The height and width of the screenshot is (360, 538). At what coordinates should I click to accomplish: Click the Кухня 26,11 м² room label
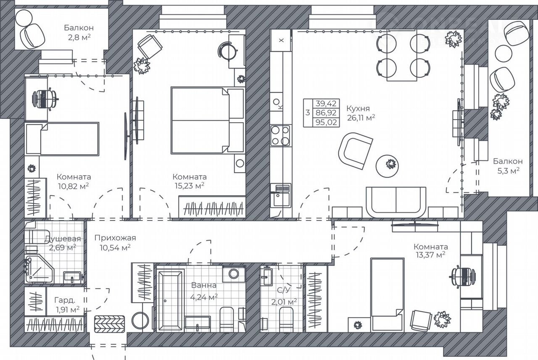pyautogui.click(x=361, y=113)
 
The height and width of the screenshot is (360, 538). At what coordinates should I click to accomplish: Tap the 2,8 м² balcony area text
pyautogui.click(x=79, y=37)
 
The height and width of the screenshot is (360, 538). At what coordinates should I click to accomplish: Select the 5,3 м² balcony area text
pyautogui.click(x=509, y=171)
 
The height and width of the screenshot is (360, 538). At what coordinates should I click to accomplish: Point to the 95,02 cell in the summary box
pyautogui.click(x=326, y=122)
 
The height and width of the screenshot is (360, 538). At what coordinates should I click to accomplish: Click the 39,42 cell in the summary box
pyautogui.click(x=326, y=103)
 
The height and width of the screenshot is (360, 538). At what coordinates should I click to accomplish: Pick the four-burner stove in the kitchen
pyautogui.click(x=280, y=136)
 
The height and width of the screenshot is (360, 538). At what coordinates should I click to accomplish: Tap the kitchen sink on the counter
pyautogui.click(x=280, y=195)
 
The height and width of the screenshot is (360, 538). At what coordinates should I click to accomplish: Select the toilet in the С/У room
pyautogui.click(x=286, y=319)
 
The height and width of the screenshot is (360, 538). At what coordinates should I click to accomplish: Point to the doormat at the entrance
pyautogui.click(x=110, y=324)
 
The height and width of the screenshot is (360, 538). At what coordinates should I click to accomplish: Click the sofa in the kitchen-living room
pyautogui.click(x=396, y=202)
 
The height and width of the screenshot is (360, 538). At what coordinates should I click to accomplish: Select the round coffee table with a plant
pyautogui.click(x=387, y=166)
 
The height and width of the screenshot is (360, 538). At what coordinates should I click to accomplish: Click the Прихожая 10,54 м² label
pyautogui.click(x=115, y=242)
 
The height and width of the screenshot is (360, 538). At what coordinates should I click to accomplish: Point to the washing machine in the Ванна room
pyautogui.click(x=233, y=273)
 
